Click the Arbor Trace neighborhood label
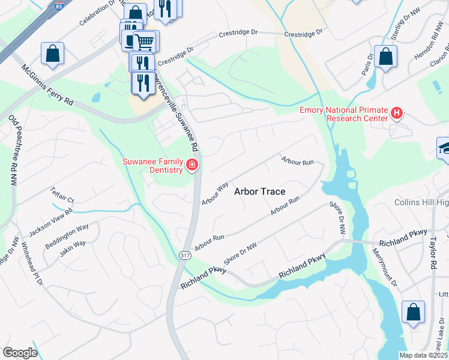pyautogui.click(x=259, y=191)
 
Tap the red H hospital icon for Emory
pyautogui.click(x=396, y=112)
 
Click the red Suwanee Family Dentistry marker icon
pyautogui.click(x=192, y=164)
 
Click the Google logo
pyautogui.click(x=19, y=353)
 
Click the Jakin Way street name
pyautogui.click(x=72, y=248)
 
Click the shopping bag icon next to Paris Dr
pyautogui.click(x=385, y=57)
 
